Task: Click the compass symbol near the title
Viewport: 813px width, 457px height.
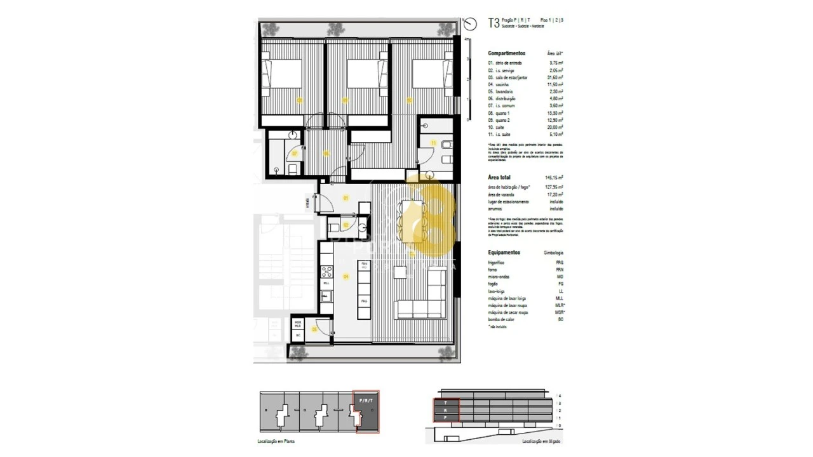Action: (470, 24)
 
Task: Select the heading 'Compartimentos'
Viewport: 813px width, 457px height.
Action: (506, 53)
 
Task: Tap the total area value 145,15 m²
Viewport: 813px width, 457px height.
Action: (554, 178)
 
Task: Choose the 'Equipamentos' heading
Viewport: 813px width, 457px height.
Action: (504, 252)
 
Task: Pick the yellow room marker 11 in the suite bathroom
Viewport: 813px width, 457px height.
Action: (433, 143)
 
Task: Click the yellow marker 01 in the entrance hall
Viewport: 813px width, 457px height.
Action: (346, 198)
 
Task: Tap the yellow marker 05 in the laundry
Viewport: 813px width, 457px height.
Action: (314, 329)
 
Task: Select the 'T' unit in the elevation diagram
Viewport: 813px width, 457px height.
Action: (446, 402)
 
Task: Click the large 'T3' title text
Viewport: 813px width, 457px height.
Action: (494, 23)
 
